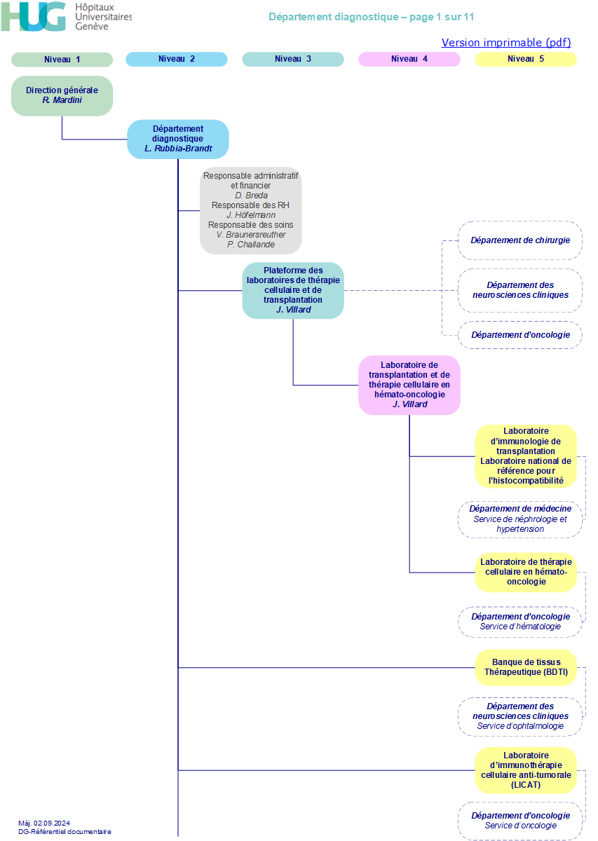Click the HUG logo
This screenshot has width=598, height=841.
(66, 17)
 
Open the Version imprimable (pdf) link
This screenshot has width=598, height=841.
(506, 43)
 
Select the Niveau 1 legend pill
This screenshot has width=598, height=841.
(62, 60)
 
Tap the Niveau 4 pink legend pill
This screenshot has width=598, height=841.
(409, 59)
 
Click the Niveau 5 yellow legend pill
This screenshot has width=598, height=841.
(526, 59)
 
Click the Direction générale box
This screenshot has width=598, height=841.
(62, 96)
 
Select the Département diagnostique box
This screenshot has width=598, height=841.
(178, 139)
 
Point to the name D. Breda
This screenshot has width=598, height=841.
(251, 196)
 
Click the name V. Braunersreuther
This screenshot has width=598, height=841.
(251, 235)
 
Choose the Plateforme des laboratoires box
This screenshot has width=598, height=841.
(293, 290)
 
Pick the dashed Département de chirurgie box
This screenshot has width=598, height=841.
(520, 240)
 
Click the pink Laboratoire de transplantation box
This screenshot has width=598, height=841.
(409, 385)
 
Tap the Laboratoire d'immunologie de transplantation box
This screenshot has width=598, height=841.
(526, 456)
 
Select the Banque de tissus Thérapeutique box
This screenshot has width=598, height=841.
(526, 667)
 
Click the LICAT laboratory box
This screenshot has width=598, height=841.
(526, 770)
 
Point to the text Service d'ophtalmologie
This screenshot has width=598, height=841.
(520, 726)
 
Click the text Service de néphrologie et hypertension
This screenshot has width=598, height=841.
(520, 524)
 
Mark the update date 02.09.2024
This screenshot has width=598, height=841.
(52, 823)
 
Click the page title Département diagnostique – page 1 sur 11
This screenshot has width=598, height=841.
(371, 17)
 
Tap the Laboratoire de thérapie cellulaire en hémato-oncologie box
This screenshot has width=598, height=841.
(526, 572)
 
